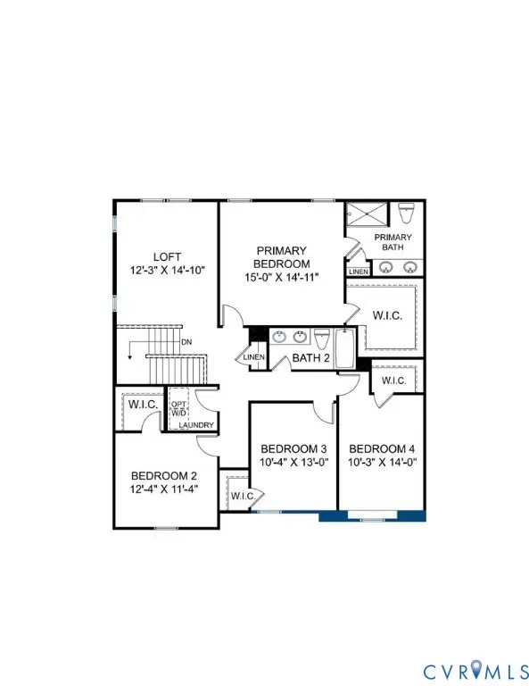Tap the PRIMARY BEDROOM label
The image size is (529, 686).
pyautogui.click(x=283, y=257)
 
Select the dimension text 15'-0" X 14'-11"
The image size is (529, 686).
pyautogui.click(x=283, y=279)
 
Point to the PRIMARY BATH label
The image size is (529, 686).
pyautogui.click(x=393, y=241)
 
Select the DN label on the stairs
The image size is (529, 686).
pyautogui.click(x=186, y=341)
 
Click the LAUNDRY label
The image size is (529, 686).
pyautogui.click(x=194, y=425)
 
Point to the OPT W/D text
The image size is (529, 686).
pyautogui.click(x=178, y=409)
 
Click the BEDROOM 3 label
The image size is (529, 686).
pyautogui.click(x=293, y=448)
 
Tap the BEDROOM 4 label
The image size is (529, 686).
pyautogui.click(x=381, y=448)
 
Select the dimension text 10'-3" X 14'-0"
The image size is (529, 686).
pyautogui.click(x=381, y=463)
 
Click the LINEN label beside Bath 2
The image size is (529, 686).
pyautogui.click(x=250, y=359)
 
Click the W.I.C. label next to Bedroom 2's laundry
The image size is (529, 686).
pyautogui.click(x=142, y=406)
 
